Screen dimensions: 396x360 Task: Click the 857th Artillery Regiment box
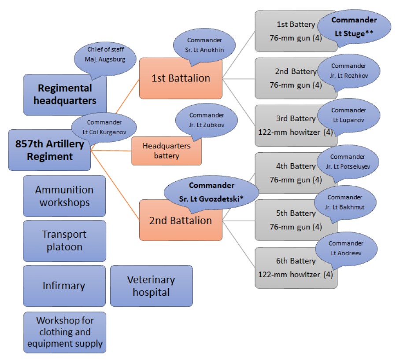tap(49, 150)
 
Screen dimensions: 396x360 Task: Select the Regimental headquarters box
tap(65, 95)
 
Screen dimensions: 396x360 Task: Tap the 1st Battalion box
tap(181, 78)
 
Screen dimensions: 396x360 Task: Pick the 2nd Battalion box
tap(181, 220)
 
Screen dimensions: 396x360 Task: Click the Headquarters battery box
tap(167, 151)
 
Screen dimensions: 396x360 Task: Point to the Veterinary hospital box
tap(151, 286)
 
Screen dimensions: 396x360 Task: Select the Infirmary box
tap(64, 286)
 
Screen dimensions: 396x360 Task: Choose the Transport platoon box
tap(64, 241)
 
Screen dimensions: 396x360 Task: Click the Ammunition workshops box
tap(64, 196)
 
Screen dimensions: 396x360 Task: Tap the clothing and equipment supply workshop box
tap(65, 332)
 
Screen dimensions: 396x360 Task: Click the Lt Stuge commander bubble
tap(354, 27)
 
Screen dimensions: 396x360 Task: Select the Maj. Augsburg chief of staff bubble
tap(105, 59)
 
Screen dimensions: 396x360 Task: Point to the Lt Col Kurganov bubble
tap(104, 127)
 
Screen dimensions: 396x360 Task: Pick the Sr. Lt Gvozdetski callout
tap(211, 192)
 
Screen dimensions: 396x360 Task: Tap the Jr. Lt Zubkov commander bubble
tap(206, 120)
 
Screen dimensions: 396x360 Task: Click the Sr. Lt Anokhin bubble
tap(204, 45)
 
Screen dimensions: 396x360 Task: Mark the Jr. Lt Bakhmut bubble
tap(345, 202)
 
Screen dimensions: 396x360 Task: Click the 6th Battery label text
tap(296, 261)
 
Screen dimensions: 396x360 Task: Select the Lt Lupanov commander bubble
tap(349, 115)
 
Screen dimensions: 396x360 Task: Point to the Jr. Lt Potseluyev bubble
tap(348, 162)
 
